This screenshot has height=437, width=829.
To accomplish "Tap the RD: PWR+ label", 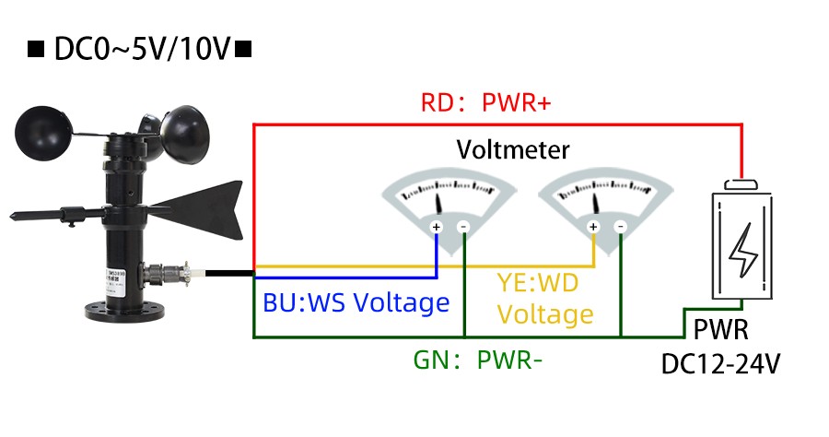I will tap(485, 102).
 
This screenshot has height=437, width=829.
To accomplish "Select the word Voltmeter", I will tap(513, 149).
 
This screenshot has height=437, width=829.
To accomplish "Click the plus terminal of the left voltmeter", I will tap(437, 227).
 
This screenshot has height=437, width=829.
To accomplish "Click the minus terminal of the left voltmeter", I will tap(464, 227).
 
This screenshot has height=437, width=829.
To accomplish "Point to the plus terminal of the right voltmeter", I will tap(593, 227).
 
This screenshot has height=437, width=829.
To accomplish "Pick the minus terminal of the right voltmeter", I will tap(621, 227).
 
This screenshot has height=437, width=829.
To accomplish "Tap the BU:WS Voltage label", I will tap(356, 302).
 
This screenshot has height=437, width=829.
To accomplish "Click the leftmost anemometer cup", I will tap(41, 135).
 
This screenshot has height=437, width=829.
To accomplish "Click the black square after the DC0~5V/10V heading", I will tap(243, 48).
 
